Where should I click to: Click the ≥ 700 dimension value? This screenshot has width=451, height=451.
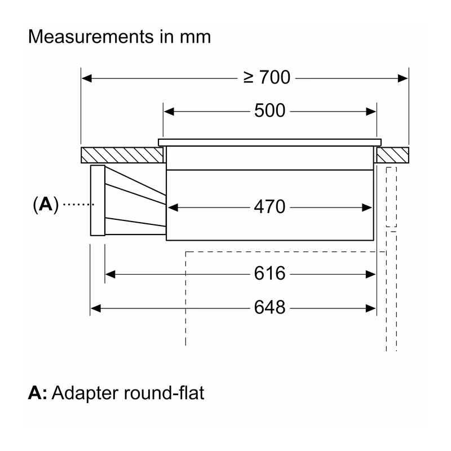point(267,77)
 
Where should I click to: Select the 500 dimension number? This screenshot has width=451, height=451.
point(270,110)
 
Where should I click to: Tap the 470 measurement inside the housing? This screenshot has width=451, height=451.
point(270,206)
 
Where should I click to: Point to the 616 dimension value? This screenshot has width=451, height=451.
point(270,273)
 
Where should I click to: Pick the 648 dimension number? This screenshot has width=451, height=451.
point(270,307)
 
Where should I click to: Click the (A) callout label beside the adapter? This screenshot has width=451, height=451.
point(46,205)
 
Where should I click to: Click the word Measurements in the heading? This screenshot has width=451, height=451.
point(91,37)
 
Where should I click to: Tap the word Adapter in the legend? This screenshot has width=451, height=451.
point(85,393)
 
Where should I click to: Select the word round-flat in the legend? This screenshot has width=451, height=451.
point(164,392)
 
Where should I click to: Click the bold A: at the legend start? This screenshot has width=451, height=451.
point(37,393)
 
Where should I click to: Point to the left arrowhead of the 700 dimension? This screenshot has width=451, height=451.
point(87,78)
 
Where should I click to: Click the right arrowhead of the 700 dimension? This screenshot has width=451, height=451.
point(403,78)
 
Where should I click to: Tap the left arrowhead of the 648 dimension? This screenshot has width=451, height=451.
point(95,308)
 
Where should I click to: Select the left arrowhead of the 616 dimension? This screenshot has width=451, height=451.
point(110,275)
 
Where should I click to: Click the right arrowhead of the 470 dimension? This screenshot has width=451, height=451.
point(367,207)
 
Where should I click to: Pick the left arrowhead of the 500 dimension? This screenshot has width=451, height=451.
point(169,112)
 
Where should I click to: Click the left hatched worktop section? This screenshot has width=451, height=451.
point(122,155)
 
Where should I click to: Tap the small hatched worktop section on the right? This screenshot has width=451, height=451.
point(392,155)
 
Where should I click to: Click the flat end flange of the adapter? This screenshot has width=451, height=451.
point(98,201)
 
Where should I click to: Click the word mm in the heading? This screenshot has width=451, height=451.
point(196,37)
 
